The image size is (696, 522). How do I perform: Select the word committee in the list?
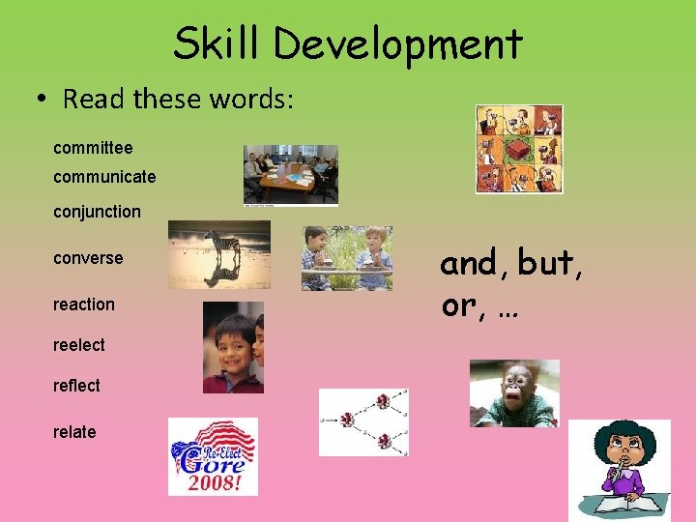point(93,148)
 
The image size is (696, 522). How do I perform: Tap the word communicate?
point(104,177)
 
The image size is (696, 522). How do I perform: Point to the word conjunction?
point(97,212)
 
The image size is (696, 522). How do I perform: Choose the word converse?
point(88,258)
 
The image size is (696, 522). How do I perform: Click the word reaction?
point(84,304)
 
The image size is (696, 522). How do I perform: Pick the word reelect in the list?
point(79,345)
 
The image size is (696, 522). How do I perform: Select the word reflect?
point(76,386)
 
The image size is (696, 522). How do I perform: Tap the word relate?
point(74,432)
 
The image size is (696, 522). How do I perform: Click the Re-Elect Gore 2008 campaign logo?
point(213,456)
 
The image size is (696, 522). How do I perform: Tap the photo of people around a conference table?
point(290,175)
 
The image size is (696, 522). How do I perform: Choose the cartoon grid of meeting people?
point(519,149)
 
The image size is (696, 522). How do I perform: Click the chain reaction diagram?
point(363,422)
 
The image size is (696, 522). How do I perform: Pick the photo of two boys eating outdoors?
point(346,258)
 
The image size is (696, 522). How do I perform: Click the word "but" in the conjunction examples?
point(549,263)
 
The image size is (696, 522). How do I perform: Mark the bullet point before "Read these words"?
point(43,100)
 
